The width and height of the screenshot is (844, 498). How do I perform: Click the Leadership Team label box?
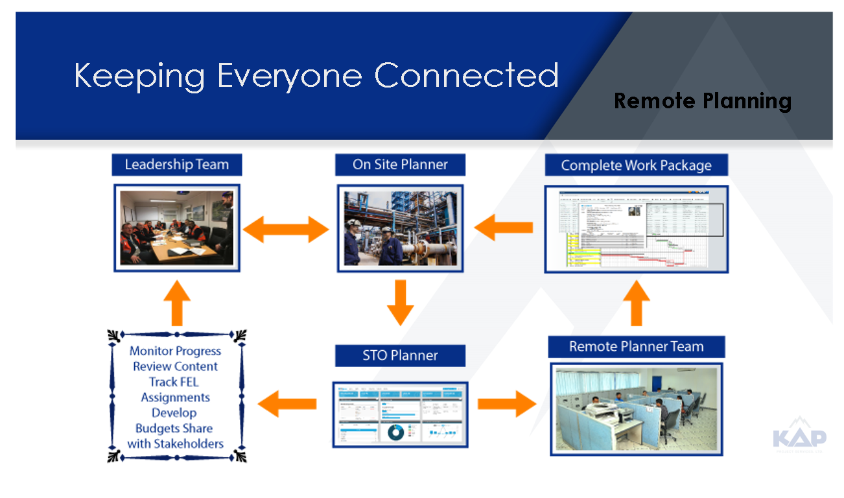tap(177, 165)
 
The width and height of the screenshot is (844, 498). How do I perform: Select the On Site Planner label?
tap(400, 165)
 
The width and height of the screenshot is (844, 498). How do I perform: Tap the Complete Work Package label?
tap(636, 165)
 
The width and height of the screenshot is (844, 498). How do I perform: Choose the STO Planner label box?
tap(400, 355)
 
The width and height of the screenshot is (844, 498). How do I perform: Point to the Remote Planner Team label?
tap(636, 347)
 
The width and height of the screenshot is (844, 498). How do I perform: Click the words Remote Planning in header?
tap(703, 101)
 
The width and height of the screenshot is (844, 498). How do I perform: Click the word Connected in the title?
tap(467, 75)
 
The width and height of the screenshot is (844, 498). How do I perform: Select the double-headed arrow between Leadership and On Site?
tap(286, 229)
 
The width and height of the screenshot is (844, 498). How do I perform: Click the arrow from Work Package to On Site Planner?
tap(504, 228)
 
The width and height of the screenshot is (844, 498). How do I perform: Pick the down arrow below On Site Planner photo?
tap(400, 302)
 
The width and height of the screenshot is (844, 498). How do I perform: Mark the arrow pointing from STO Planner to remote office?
tap(507, 404)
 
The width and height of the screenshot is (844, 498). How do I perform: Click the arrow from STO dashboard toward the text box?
tap(287, 404)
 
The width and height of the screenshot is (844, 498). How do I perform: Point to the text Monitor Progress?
tap(175, 351)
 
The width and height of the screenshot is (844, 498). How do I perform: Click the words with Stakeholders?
tap(175, 444)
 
